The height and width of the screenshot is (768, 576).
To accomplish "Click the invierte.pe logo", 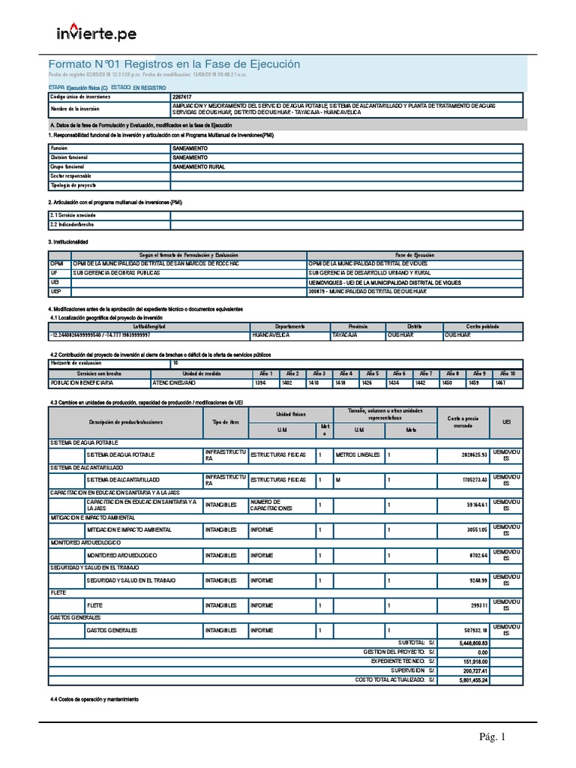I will coord(97,34).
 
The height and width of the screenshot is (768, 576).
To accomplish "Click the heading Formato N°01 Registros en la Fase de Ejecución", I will coord(174,64).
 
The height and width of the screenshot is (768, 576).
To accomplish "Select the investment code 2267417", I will coord(181,97).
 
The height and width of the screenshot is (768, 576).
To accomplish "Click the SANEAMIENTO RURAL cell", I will coord(199,166).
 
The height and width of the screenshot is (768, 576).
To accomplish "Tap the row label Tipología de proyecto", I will coord(73,184).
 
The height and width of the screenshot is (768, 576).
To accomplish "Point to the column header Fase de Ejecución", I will coord(415,255).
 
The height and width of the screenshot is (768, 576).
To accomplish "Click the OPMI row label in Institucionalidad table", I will coord(58,264).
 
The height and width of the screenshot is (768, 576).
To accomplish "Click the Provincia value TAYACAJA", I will coord(346,335).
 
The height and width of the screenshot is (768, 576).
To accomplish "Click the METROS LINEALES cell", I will coord(358,455).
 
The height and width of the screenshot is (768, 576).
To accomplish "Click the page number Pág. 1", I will coord(493,738).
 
